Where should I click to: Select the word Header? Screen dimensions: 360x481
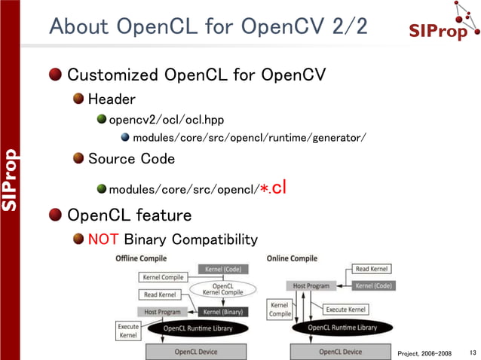pyautogui.click(x=112, y=99)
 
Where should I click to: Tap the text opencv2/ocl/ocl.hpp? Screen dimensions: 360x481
pyautogui.click(x=166, y=119)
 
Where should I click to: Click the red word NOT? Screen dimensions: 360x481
pyautogui.click(x=103, y=239)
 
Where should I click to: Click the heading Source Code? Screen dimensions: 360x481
pyautogui.click(x=131, y=158)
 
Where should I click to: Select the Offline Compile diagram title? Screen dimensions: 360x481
pyautogui.click(x=141, y=258)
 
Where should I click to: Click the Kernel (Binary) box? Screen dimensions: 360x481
pyautogui.click(x=221, y=312)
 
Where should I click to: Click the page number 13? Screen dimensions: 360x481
pyautogui.click(x=473, y=352)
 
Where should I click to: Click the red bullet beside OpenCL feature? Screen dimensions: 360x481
pyautogui.click(x=56, y=215)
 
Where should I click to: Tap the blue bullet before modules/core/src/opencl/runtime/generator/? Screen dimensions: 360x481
pyautogui.click(x=125, y=138)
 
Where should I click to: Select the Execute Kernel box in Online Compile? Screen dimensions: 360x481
pyautogui.click(x=346, y=309)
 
